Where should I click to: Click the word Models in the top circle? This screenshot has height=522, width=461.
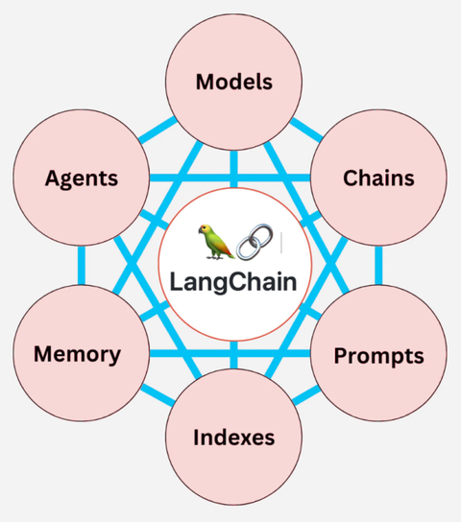pos(233,82)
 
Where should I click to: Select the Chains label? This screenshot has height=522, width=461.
pos(378,178)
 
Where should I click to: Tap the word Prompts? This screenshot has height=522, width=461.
pos(378,356)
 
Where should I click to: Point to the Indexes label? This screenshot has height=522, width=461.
pos(233,439)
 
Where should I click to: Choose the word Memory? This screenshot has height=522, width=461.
pos(77,354)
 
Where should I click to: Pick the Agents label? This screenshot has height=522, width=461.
pos(81,178)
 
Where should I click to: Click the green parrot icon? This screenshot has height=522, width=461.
pos(214,242)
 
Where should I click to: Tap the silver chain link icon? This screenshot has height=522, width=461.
pos(254,243)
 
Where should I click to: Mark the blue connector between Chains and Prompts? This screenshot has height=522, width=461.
pos(378,267)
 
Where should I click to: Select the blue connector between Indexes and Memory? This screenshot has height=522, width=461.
pos(158,400)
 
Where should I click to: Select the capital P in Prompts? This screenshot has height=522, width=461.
pos(341,356)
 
